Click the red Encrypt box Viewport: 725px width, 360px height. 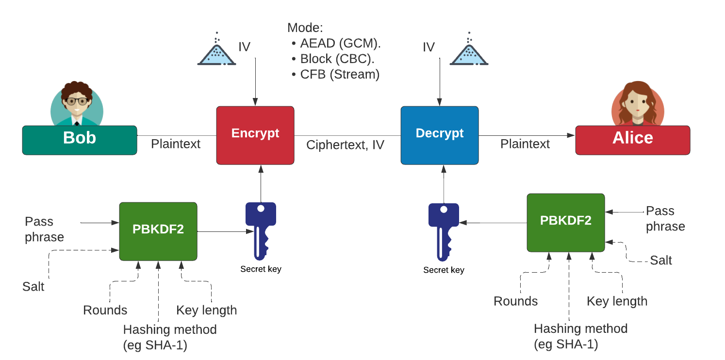click(255, 135)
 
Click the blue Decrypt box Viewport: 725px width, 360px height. click(440, 135)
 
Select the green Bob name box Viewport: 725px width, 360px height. click(80, 140)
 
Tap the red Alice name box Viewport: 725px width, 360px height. click(632, 140)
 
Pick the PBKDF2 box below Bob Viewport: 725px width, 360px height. click(158, 232)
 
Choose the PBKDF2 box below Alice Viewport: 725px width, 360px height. click(566, 223)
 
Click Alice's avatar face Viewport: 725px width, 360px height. click(638, 104)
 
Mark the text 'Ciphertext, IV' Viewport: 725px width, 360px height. click(345, 145)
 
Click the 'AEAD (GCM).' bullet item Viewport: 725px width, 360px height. click(340, 43)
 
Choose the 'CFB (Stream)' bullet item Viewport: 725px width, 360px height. click(339, 74)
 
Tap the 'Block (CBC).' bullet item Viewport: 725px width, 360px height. click(337, 59)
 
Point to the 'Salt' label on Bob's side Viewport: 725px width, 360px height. click(33, 286)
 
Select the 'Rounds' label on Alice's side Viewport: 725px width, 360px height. click(515, 301)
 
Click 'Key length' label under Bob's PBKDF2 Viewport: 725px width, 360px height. click(206, 310)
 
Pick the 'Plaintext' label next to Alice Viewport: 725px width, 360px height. click(525, 144)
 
